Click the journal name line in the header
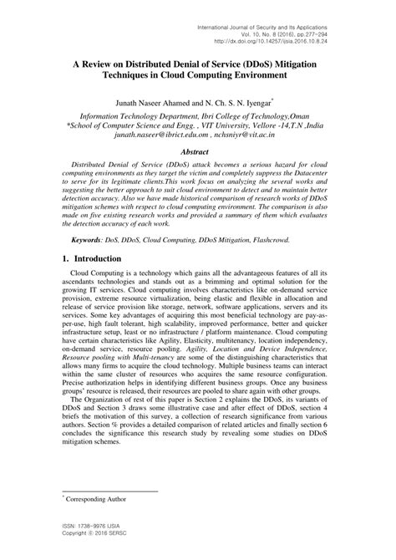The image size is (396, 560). point(293,8)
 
